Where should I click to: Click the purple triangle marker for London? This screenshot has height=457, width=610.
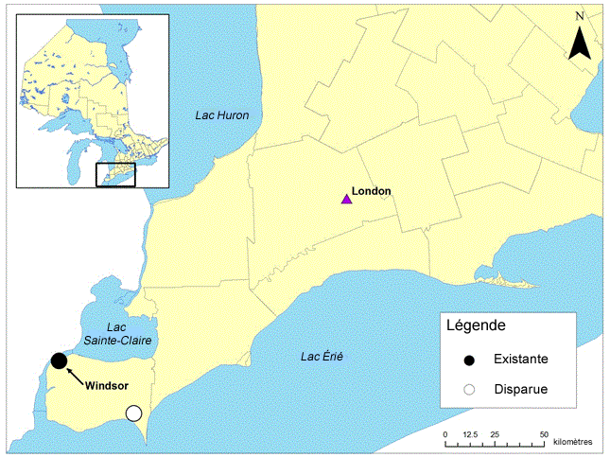(x=346, y=198)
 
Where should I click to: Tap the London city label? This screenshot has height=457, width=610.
(x=372, y=191)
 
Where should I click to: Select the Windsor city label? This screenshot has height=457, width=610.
(x=106, y=385)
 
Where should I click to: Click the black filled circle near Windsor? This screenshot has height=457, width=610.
(x=59, y=360)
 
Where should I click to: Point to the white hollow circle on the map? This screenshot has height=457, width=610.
(x=133, y=413)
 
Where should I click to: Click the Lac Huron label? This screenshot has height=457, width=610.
(x=222, y=115)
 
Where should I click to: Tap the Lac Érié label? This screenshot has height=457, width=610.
(x=322, y=357)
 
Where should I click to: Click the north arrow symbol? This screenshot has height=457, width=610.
(x=581, y=43)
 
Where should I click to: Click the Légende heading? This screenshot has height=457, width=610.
(x=476, y=325)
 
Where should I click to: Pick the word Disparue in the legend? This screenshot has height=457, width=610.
(x=519, y=388)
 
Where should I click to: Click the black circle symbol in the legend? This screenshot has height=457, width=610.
(x=469, y=360)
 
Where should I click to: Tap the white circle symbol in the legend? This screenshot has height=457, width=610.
(x=469, y=388)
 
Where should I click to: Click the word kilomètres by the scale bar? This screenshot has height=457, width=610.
(x=573, y=442)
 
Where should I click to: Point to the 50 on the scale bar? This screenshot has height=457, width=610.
(x=544, y=433)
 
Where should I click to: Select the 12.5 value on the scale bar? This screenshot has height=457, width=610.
(x=468, y=433)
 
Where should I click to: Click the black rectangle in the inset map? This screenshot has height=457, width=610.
(x=116, y=174)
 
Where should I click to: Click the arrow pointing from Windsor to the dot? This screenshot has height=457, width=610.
(x=76, y=374)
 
